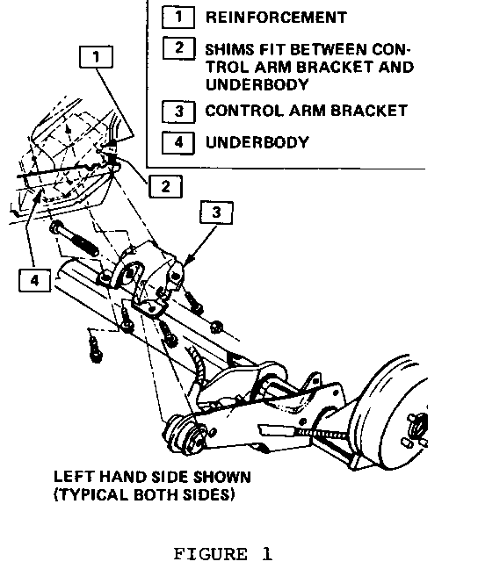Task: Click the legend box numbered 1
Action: coord(178,18)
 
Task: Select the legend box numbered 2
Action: coord(179,47)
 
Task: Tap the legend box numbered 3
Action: coord(178,112)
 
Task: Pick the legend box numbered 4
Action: coord(178,142)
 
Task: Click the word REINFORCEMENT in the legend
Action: coord(276,18)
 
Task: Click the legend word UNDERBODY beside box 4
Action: coord(257,142)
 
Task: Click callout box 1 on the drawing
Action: coord(97,57)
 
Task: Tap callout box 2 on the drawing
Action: coord(165,187)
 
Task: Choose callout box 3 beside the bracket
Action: coord(216,212)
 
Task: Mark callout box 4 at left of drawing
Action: coord(34,280)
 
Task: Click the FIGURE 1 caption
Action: coord(223,554)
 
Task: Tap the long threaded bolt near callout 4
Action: coord(75,239)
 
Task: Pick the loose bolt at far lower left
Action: coord(95,349)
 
